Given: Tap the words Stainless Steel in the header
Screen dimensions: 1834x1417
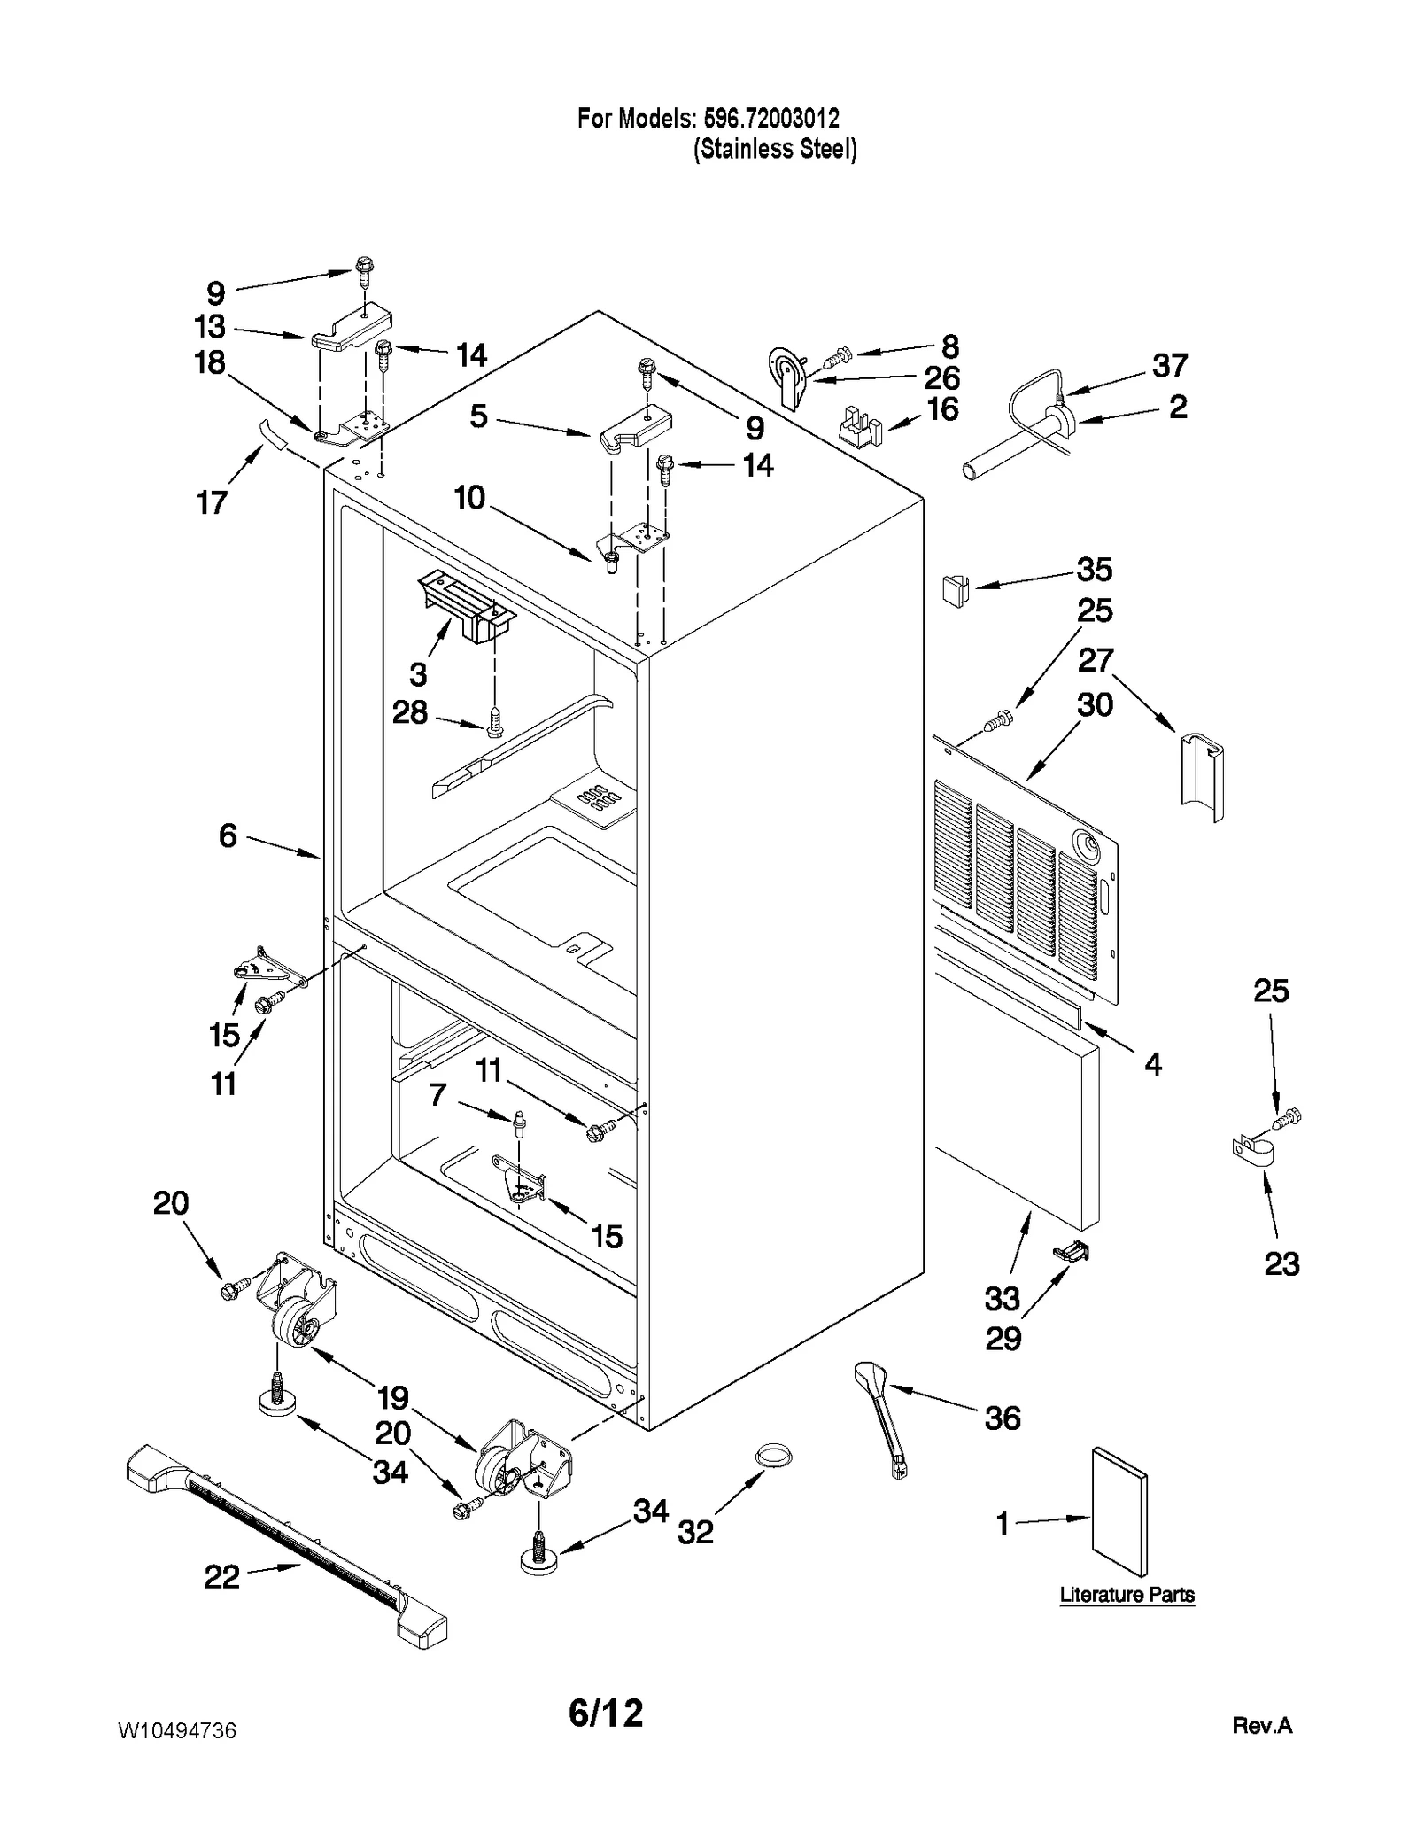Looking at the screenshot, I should tap(775, 149).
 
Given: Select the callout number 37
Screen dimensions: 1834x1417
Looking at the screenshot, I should tap(1169, 365).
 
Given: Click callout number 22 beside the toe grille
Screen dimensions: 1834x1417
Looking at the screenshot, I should tap(221, 1576).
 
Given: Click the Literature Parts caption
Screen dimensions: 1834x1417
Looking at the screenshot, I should tap(1127, 1596).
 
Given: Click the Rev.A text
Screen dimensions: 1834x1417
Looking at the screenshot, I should tap(1261, 1726).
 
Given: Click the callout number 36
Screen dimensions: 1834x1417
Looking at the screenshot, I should tap(1003, 1418).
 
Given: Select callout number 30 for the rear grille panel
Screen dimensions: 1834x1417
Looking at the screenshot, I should tap(1095, 705).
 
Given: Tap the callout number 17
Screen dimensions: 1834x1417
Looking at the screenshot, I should tap(212, 502).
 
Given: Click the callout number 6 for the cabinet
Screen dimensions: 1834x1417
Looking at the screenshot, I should tap(228, 835).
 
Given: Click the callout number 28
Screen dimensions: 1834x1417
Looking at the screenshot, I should tap(410, 712).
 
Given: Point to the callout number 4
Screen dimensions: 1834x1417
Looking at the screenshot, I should tap(1152, 1064).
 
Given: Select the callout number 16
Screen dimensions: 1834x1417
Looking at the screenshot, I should tap(942, 409).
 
